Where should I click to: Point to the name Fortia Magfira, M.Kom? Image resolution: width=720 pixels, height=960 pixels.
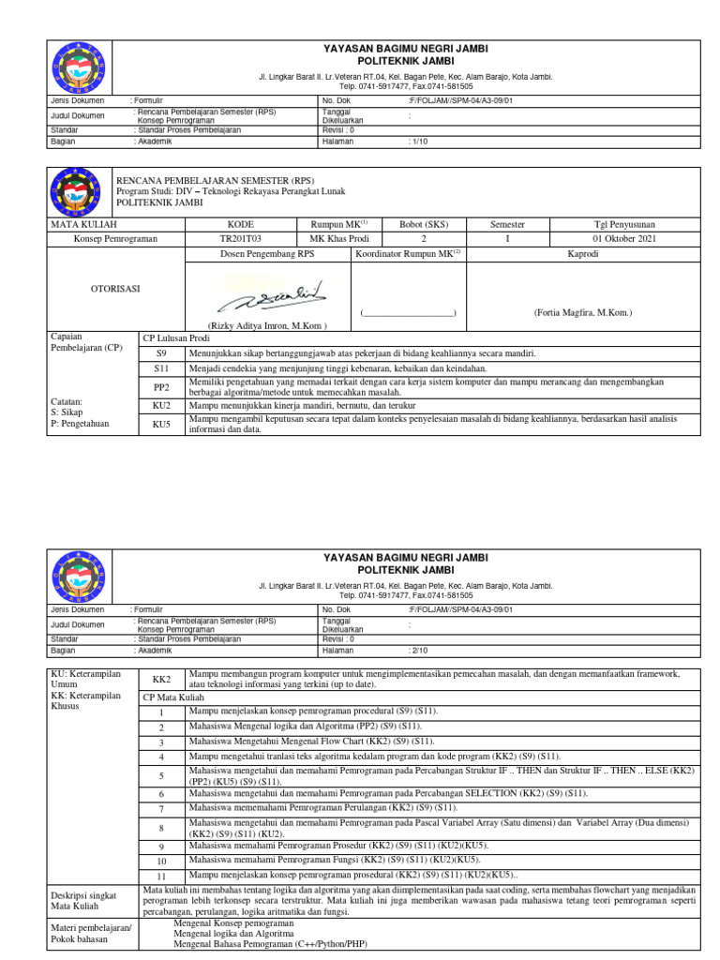[583, 311]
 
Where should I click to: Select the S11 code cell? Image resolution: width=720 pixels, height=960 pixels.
[161, 370]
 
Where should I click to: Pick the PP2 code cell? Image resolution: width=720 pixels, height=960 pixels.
[161, 387]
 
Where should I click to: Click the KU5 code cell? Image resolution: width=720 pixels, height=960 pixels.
[161, 425]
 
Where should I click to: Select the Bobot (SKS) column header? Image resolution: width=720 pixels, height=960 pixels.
[424, 225]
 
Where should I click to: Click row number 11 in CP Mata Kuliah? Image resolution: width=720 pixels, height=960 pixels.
[161, 877]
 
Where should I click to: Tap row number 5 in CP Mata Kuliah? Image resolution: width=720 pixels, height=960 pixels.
[161, 775]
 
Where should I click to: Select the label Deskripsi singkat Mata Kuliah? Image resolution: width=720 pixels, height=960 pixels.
[84, 901]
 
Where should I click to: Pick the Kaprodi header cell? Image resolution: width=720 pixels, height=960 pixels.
[583, 253]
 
